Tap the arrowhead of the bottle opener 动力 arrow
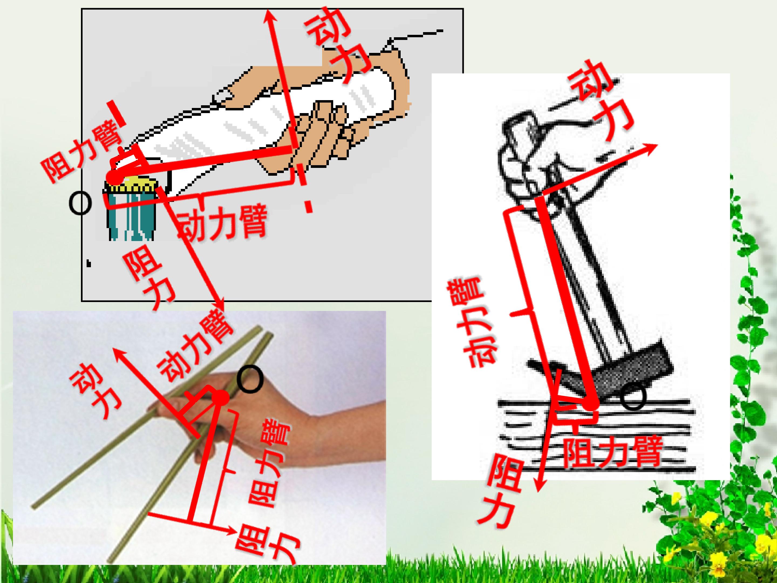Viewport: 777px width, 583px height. tap(269, 16)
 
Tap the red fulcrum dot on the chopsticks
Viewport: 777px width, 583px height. tap(222, 398)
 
